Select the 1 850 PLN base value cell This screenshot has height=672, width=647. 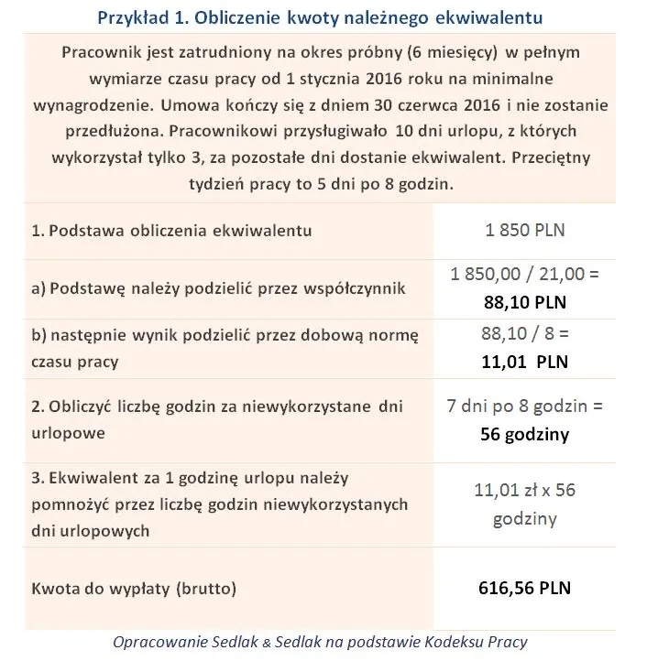(x=524, y=230)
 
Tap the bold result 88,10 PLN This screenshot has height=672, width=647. (x=524, y=300)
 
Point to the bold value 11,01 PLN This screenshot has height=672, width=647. (x=524, y=361)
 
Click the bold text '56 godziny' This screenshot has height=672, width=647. (x=524, y=433)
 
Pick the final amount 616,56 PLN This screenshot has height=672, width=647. (x=524, y=588)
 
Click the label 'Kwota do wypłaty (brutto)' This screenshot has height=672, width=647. (x=134, y=589)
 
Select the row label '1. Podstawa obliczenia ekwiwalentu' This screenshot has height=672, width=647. (x=171, y=231)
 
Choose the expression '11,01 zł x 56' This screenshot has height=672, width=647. (x=524, y=491)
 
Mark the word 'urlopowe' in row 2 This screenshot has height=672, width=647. (x=64, y=432)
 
